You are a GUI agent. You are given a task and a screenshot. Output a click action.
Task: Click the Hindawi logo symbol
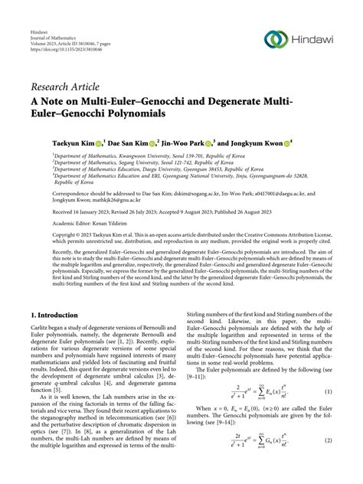(x=277, y=39)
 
